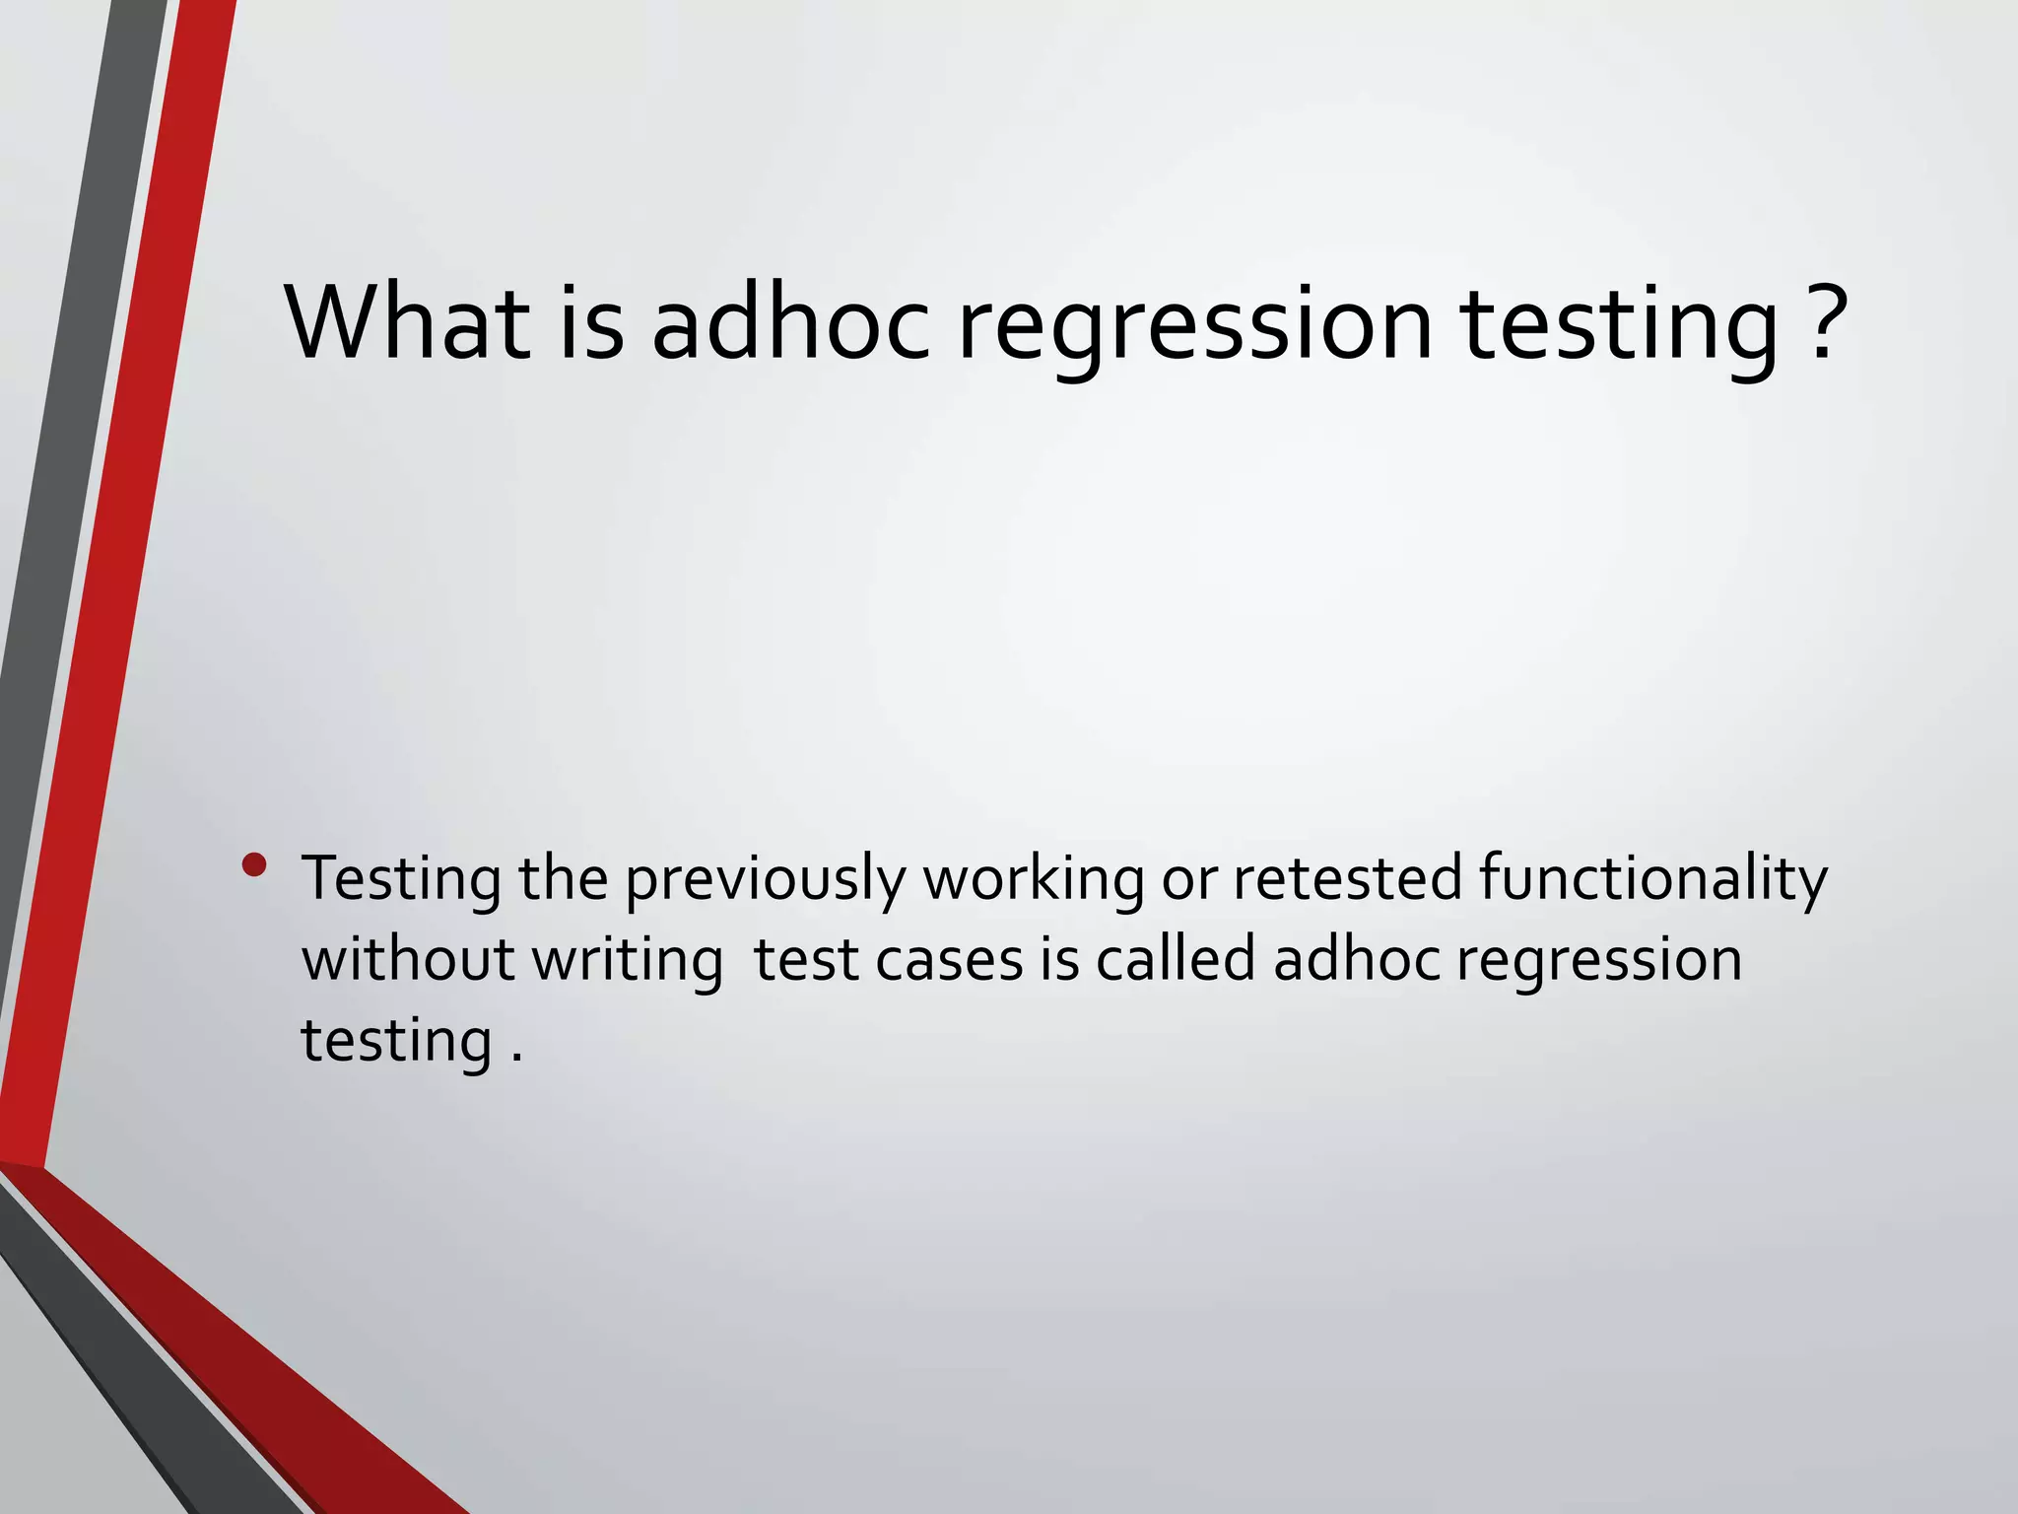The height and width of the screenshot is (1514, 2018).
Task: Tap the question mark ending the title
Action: [x=1821, y=323]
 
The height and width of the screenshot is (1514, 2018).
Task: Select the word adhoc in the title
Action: [x=790, y=323]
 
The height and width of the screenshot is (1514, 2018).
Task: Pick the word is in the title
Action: [x=591, y=323]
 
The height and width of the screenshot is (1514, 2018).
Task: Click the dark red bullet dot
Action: [x=254, y=865]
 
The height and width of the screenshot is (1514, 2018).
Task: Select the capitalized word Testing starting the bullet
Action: [x=401, y=880]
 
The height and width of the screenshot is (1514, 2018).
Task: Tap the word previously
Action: [x=765, y=880]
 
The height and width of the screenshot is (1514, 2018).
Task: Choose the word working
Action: [x=1033, y=880]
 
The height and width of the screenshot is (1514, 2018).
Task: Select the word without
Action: [x=408, y=959]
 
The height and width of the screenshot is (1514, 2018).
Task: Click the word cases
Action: [x=949, y=961]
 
